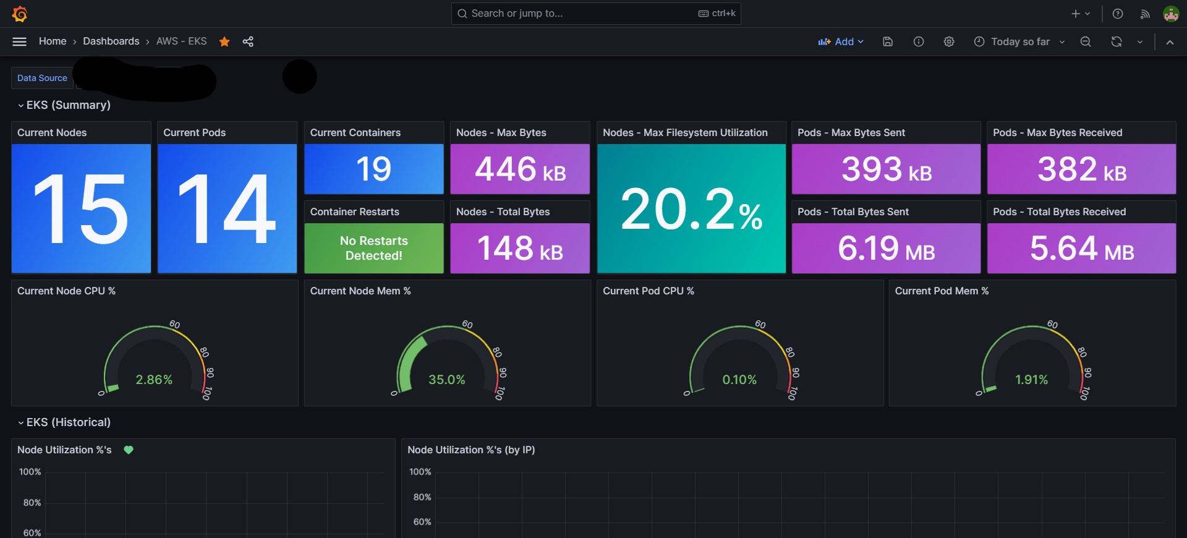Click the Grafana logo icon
[20, 14]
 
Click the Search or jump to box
[596, 13]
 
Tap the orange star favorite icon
[224, 41]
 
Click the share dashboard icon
[248, 41]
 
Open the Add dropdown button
[841, 41]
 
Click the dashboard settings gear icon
[949, 41]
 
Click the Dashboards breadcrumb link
[111, 41]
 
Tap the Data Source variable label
[42, 78]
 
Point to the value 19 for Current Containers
[374, 169]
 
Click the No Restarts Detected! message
[374, 248]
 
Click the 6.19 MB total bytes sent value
[886, 248]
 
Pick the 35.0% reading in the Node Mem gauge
[447, 380]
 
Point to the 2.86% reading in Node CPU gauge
[154, 380]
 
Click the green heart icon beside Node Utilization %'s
[129, 450]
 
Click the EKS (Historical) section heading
[68, 422]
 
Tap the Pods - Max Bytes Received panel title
[1057, 132]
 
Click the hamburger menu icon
[20, 41]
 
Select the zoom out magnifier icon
[1086, 41]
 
